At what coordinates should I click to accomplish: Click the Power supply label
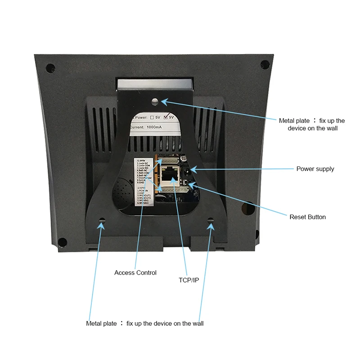point(315,169)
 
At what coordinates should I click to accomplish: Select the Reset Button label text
point(307,217)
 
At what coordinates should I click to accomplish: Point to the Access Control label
point(135,273)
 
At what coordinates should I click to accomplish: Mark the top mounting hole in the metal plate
point(155,102)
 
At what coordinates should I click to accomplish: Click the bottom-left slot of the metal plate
point(102,221)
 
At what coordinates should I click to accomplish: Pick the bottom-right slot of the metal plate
point(211,221)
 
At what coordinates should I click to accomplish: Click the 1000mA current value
point(157,128)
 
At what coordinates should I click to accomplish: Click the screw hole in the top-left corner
point(50,68)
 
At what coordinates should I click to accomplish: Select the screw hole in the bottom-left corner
point(63,242)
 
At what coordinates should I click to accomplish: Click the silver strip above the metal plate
point(154,83)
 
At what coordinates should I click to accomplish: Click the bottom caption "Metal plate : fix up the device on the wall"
point(145,324)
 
